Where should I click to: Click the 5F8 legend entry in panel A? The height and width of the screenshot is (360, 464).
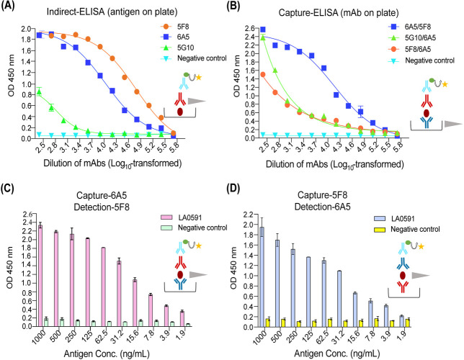coord(174,27)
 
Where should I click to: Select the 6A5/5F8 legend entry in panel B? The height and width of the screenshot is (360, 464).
coord(409,27)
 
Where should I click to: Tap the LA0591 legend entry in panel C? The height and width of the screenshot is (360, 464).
coord(181,217)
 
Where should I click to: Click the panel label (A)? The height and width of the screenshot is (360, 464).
coord(7,6)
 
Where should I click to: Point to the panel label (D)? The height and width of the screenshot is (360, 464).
coord(233,188)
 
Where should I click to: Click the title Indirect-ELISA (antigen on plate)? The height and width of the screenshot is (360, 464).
coord(112,12)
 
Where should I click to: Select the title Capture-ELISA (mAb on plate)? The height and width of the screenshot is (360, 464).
coord(339,13)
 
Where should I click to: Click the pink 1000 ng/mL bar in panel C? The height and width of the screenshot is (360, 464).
coord(40,275)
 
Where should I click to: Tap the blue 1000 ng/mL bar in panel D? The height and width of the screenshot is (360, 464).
coord(262,277)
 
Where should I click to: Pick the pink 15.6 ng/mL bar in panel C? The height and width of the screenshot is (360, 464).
coord(135,303)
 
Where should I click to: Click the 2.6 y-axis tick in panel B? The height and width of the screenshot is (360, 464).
coord(250,28)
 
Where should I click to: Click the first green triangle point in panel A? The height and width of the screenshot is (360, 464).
coord(39,92)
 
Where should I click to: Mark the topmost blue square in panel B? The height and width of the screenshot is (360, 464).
coord(262,30)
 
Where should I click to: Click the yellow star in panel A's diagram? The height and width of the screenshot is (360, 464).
coord(199,78)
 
